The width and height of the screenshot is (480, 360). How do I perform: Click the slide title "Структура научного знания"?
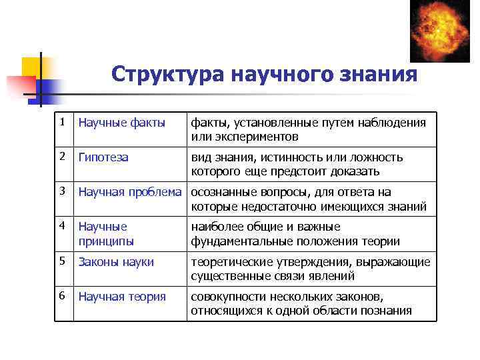[264, 74]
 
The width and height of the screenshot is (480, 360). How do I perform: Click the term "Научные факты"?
[122, 123]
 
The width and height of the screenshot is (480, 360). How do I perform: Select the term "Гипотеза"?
[103, 158]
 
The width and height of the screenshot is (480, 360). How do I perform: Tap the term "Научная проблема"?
[130, 193]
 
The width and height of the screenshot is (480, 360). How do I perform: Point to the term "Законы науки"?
[116, 262]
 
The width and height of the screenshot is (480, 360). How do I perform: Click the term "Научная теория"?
[122, 297]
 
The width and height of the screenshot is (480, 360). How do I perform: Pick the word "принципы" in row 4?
[106, 241]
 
